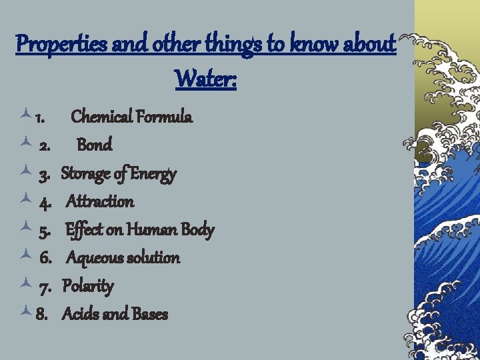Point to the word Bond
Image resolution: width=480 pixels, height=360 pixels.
[95, 145]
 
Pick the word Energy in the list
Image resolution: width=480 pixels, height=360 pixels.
[153, 175]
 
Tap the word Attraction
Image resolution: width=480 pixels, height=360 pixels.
[100, 201]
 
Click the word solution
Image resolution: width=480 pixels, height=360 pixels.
[154, 258]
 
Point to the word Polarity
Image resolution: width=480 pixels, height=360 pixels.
[88, 286]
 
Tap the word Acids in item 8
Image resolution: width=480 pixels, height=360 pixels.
[81, 314]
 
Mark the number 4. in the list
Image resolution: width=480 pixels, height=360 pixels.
[46, 202]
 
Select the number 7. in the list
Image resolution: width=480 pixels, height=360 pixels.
[46, 287]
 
